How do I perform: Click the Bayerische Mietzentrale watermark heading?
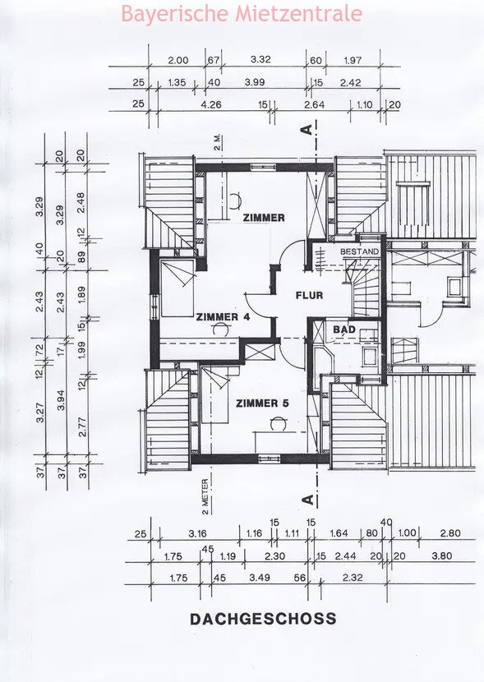tap(242, 13)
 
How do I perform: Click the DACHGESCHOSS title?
tap(263, 619)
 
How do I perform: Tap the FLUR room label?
tap(309, 295)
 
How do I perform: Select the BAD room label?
tap(344, 329)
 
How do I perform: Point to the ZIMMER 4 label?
tap(223, 316)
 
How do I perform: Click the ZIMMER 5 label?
tap(262, 403)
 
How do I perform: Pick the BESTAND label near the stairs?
tap(359, 251)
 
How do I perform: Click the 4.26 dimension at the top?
tap(211, 104)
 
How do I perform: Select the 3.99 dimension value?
tap(255, 82)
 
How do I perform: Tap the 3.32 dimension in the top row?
tap(260, 59)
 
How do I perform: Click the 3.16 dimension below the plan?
tap(197, 533)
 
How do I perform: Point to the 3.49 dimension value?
tap(260, 577)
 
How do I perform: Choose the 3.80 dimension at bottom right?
tap(442, 555)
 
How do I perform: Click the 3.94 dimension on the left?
tap(61, 400)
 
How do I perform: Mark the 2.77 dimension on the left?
tap(83, 426)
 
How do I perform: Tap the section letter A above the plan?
tap(307, 130)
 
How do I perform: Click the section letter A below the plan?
tap(307, 500)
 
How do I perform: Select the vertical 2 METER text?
tap(205, 497)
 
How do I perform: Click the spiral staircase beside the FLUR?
tap(363, 288)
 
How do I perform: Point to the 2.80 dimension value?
tap(450, 532)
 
